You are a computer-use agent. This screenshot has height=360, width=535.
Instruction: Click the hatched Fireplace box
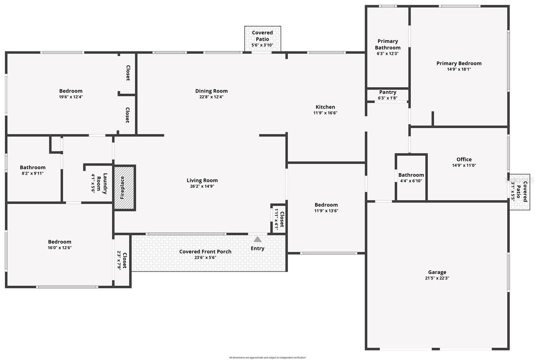tap(124, 187)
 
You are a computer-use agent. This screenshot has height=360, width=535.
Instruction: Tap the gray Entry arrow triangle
tap(257, 239)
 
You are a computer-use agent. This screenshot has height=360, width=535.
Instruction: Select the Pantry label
tap(388, 92)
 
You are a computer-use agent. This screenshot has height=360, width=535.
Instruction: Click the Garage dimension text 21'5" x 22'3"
tap(437, 278)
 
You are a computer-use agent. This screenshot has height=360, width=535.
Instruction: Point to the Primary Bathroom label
tap(388, 44)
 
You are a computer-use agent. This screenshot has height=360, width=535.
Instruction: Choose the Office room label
tap(464, 159)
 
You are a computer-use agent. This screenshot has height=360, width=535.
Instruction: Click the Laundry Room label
tap(102, 183)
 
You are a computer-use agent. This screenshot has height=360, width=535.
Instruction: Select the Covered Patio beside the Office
tap(519, 192)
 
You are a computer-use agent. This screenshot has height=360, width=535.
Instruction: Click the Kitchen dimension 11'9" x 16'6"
tap(325, 113)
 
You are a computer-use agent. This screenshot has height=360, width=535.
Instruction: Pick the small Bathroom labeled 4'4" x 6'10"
tap(411, 177)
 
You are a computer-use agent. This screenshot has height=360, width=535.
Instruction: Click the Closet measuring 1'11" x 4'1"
tap(279, 219)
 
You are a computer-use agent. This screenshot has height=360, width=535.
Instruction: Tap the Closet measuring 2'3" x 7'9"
tap(122, 260)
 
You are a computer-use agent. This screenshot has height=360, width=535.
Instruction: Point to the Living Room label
tap(202, 180)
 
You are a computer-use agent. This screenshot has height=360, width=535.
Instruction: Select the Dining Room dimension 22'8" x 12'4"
tap(211, 97)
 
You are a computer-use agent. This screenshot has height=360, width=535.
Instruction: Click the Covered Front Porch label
tap(205, 252)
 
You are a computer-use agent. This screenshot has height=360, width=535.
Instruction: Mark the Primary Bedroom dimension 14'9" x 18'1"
tap(459, 69)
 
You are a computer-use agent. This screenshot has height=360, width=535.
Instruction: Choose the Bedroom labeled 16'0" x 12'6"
tap(60, 244)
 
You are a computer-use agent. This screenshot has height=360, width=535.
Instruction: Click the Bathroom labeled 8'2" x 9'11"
tap(32, 170)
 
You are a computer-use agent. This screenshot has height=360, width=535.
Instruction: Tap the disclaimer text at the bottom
tap(267, 358)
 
